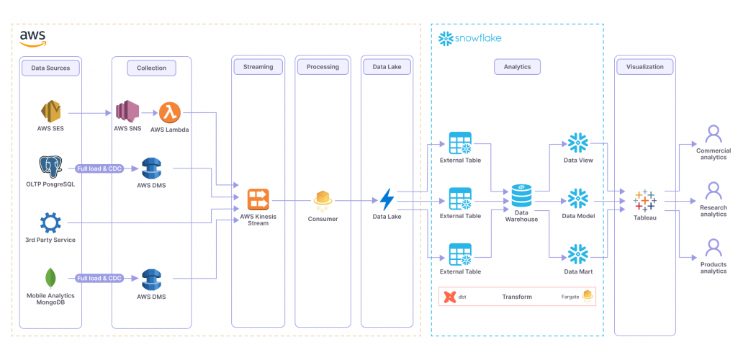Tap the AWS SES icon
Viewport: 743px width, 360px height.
coord(50,112)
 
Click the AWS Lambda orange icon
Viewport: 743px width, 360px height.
coord(171,112)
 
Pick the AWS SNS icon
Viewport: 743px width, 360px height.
coord(127,112)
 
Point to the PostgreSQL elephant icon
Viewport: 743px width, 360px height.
coord(50,167)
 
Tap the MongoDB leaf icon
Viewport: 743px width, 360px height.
coord(50,278)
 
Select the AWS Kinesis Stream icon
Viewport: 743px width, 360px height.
coord(258,199)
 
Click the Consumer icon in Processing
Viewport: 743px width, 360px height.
coord(323,199)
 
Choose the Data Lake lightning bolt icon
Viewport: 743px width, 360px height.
coord(387,199)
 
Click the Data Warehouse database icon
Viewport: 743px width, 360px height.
coord(521,195)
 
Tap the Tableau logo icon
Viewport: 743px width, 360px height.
coord(644,200)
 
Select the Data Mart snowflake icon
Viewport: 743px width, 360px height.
coord(577,254)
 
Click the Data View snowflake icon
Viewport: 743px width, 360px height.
coord(577,143)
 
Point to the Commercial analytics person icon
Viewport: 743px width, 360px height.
coord(713,134)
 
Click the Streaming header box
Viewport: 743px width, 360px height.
coord(258,67)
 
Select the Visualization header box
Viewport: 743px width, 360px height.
coord(644,67)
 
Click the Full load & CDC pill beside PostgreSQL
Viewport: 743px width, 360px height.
coord(100,168)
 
